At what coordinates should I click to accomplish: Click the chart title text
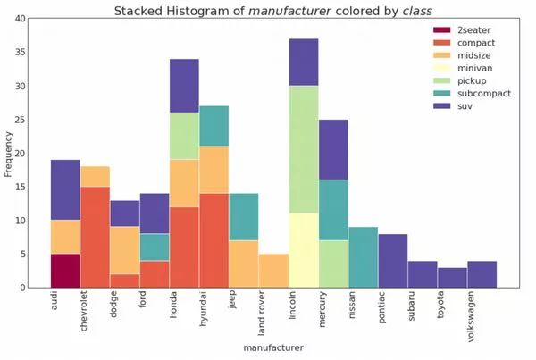pyautogui.click(x=268, y=10)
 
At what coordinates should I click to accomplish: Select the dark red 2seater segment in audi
pyautogui.click(x=65, y=271)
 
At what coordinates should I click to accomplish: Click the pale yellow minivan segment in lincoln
pyautogui.click(x=304, y=250)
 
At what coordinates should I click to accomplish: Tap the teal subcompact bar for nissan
pyautogui.click(x=363, y=257)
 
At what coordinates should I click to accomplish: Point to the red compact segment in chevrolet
pyautogui.click(x=95, y=237)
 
